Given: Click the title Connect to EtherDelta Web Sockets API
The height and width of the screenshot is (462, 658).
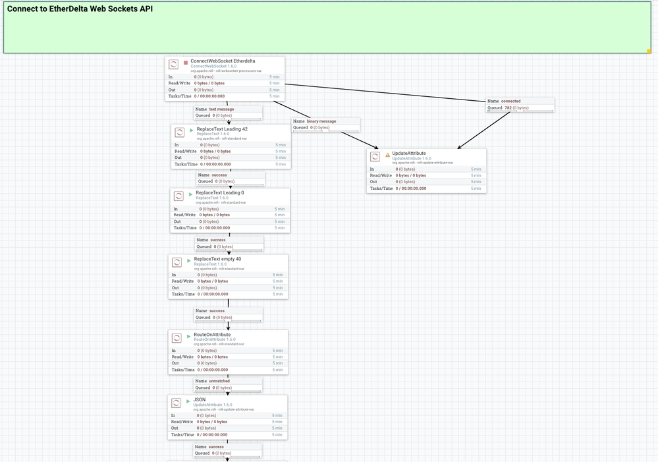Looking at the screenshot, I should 80,9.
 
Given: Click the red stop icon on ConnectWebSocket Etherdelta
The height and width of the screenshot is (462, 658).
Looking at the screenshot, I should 186,63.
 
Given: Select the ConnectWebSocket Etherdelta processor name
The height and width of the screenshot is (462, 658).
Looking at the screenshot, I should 223,61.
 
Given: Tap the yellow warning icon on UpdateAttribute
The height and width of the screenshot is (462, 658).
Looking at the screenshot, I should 387,155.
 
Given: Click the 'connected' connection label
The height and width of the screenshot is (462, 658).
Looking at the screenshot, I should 510,101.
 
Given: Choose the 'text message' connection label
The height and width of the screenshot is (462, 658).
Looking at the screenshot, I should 221,109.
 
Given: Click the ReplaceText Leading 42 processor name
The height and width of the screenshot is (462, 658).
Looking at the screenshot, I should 222,129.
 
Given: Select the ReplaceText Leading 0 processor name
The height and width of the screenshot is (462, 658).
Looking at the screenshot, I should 219,193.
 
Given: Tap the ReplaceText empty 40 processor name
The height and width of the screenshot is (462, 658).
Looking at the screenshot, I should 217,259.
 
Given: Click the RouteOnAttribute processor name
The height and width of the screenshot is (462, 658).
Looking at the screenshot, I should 212,335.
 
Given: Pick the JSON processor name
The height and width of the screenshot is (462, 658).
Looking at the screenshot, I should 199,399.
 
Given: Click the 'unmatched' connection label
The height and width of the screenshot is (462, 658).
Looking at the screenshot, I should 219,381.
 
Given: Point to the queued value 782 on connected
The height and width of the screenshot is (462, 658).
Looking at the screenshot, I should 508,107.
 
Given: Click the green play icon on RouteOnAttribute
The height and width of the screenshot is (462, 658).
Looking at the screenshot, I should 188,336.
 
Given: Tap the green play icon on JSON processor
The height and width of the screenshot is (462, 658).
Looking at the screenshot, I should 188,401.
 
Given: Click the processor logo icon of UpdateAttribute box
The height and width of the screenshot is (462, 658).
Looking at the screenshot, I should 375,157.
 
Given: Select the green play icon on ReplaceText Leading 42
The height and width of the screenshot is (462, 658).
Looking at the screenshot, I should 192,130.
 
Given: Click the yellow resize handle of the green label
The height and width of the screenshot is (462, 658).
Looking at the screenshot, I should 649,51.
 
